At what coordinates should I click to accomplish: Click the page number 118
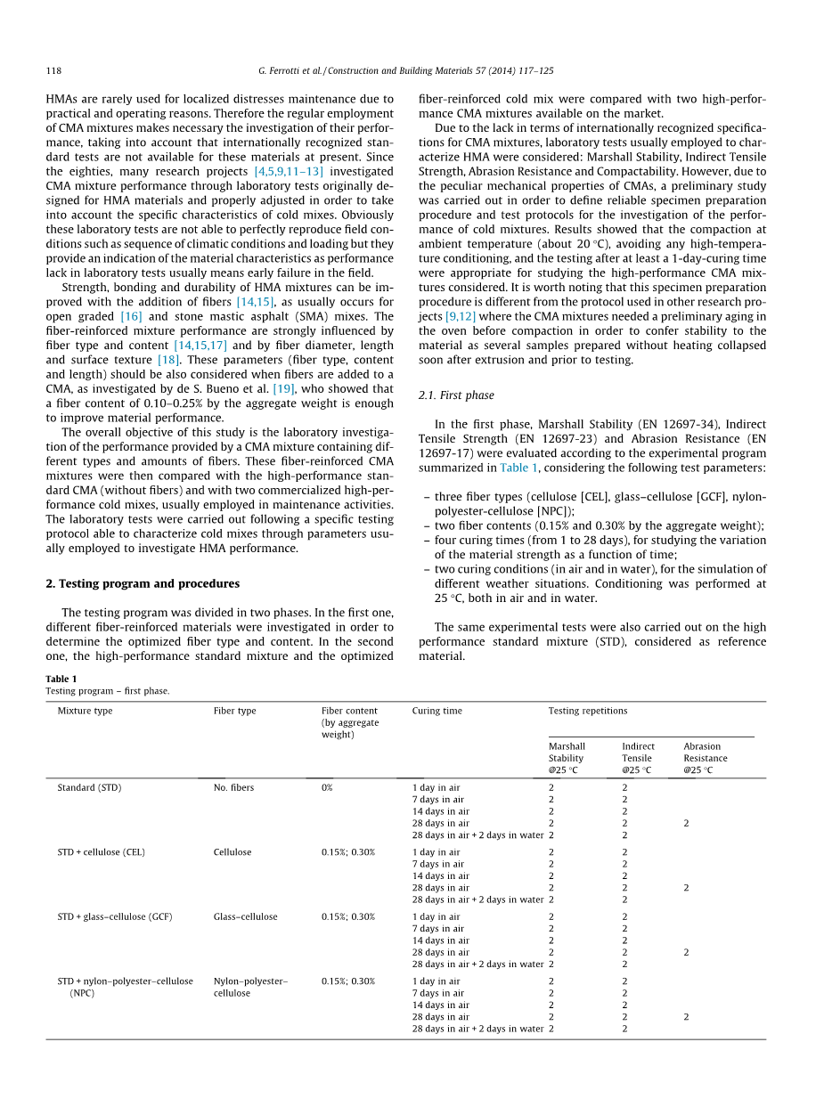pos(53,71)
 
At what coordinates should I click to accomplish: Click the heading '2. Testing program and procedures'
pos(143,583)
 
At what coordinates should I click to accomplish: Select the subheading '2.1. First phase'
pos(456,395)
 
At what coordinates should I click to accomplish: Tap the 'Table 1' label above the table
pos(61,679)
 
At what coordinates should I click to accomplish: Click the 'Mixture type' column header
pos(85,711)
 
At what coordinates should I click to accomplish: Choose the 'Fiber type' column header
pos(234,711)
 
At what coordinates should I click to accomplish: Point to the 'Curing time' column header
pos(436,711)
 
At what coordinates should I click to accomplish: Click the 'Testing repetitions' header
pos(587,711)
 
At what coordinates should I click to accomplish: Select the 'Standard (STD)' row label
pos(89,788)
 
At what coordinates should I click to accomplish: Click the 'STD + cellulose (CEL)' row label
pos(101,852)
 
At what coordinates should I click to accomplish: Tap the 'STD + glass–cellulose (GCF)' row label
pos(114,916)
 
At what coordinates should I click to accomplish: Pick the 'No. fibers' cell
pos(233,788)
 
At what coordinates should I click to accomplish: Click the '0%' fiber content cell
pos(327,788)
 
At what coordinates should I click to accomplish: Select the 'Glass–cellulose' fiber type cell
pos(245,916)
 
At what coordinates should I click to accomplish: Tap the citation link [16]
pos(131,316)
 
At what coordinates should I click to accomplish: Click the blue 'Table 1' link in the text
pos(518,468)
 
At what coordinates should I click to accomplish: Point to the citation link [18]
pos(168,360)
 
